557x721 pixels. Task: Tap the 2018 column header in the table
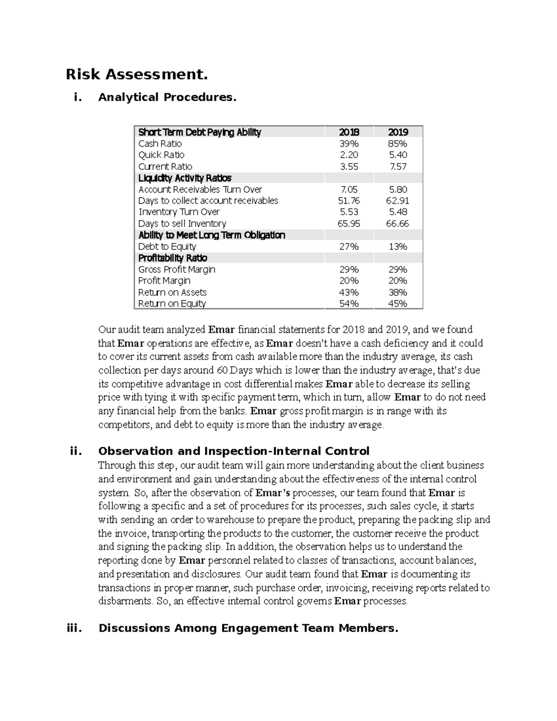click(349, 132)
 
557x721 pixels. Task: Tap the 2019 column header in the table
click(398, 132)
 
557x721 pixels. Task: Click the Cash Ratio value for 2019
click(398, 144)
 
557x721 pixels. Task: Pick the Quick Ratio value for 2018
click(349, 155)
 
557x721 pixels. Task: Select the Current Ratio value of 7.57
click(398, 167)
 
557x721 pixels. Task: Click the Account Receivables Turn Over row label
click(200, 189)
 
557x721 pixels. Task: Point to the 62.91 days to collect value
click(398, 201)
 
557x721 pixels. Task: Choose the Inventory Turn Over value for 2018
click(349, 212)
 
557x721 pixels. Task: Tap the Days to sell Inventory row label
click(182, 224)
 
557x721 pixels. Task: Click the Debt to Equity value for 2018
click(349, 247)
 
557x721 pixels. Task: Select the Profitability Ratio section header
click(173, 258)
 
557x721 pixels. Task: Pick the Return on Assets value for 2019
click(398, 292)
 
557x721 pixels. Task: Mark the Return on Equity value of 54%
click(349, 304)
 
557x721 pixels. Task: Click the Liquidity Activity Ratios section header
click(185, 178)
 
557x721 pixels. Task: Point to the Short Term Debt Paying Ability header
click(200, 132)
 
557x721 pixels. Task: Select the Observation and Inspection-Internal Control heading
click(234, 451)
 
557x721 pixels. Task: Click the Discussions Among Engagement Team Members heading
click(248, 629)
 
